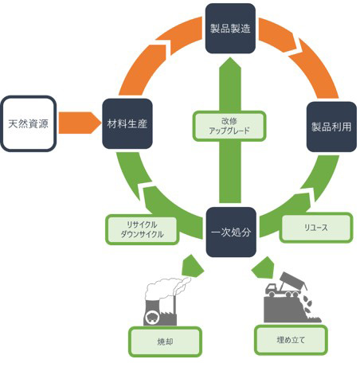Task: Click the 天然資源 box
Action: (29, 123)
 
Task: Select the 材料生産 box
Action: (127, 123)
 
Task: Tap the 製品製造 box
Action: (230, 29)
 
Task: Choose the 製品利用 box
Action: (331, 127)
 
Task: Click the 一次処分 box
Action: (231, 232)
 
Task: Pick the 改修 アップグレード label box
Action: (229, 126)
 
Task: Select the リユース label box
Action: (316, 228)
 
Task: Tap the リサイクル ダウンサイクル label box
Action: (142, 229)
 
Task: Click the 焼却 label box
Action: (165, 342)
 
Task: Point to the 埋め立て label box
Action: (291, 340)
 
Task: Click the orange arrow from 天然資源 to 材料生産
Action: (80, 123)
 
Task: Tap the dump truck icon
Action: (287, 285)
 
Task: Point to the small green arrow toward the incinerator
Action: (193, 266)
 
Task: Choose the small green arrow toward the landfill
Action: (264, 267)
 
